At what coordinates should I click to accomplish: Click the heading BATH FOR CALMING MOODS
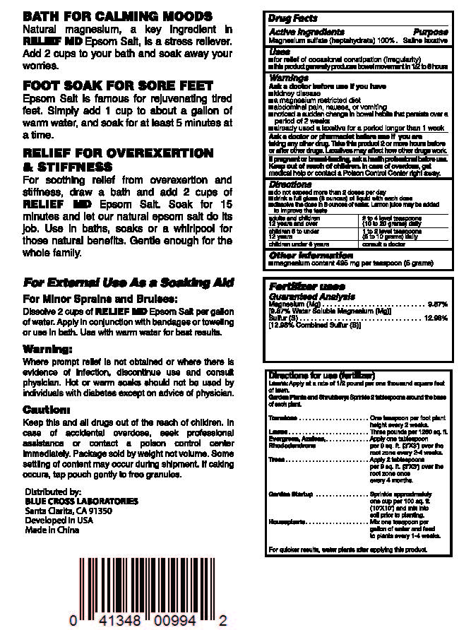(117, 16)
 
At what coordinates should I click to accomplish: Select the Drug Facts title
(293, 18)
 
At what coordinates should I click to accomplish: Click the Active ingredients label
(306, 32)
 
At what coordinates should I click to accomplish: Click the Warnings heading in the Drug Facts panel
(289, 78)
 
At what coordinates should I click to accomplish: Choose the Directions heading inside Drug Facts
(290, 184)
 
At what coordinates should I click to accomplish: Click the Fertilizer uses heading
(307, 287)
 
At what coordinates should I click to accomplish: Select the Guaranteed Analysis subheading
(311, 297)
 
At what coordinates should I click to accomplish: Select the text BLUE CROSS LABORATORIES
(81, 501)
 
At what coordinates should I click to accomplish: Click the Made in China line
(52, 530)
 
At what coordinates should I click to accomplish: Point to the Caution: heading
(47, 410)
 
